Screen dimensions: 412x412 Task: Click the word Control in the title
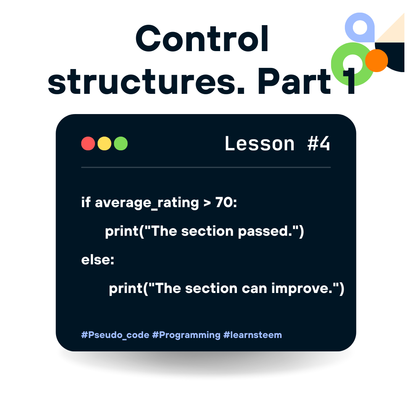[202, 39]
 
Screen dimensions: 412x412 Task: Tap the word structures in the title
[146, 81]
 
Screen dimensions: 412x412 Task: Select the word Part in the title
[294, 81]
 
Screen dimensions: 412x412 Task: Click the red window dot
[88, 143]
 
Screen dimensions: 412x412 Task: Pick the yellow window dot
[104, 143]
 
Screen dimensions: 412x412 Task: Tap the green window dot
[121, 143]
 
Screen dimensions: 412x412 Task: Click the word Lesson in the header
[260, 144]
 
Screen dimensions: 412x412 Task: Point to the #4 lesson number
[319, 144]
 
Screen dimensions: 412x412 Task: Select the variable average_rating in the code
[147, 203]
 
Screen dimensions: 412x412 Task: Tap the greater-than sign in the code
[207, 203]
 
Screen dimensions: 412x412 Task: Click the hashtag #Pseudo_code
[115, 335]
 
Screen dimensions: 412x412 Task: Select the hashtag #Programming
[186, 335]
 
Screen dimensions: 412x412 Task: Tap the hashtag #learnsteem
[253, 335]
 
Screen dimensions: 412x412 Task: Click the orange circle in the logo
[376, 60]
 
